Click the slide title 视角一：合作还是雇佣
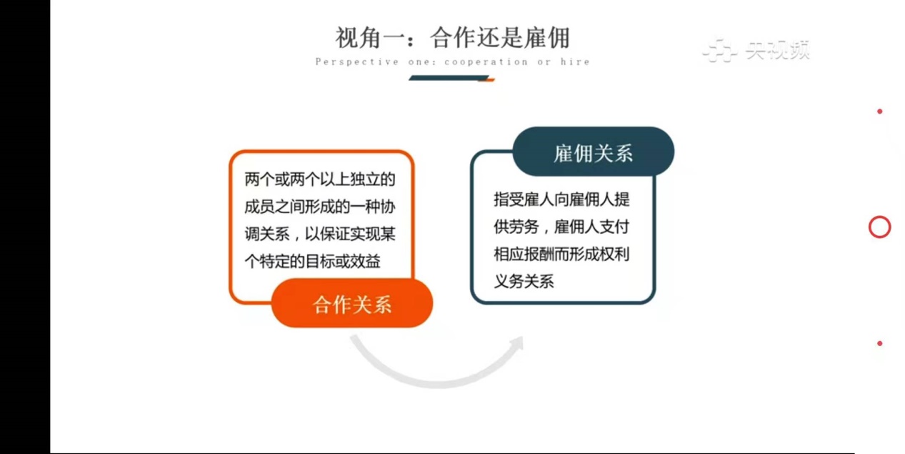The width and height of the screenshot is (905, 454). (x=453, y=38)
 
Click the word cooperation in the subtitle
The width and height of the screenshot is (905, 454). (x=486, y=62)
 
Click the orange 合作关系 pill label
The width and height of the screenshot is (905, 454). (x=352, y=303)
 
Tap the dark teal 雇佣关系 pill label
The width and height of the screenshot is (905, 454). (x=593, y=152)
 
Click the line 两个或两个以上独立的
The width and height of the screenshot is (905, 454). (x=319, y=179)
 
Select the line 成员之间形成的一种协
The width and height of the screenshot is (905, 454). (x=319, y=207)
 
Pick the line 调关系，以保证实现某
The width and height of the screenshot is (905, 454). (x=319, y=234)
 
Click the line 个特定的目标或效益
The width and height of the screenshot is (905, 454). (x=312, y=261)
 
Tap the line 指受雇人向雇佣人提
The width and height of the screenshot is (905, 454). (x=561, y=199)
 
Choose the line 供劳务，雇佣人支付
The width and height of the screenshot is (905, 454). (x=561, y=227)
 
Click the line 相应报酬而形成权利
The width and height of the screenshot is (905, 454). (x=561, y=255)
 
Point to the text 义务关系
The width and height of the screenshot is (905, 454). (x=524, y=282)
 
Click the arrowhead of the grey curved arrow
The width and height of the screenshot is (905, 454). (x=518, y=344)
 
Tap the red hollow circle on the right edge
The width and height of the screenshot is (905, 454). (x=879, y=227)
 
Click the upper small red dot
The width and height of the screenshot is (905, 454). (x=879, y=111)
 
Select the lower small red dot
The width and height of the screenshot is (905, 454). (x=879, y=343)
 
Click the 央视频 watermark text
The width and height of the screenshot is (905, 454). (x=778, y=51)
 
